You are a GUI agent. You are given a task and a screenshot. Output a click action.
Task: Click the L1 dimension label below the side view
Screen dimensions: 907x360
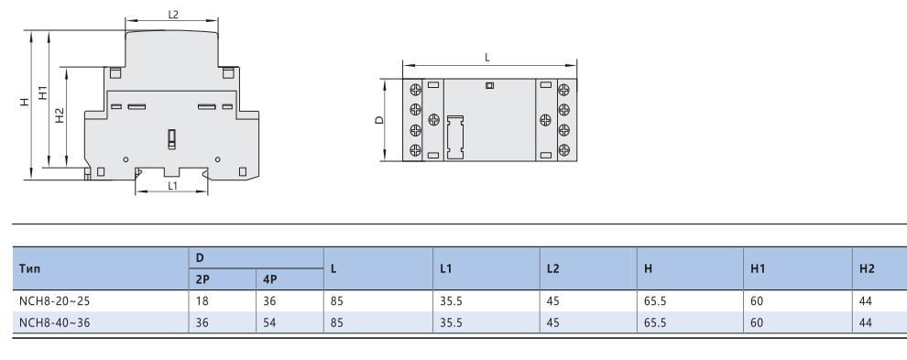(172, 186)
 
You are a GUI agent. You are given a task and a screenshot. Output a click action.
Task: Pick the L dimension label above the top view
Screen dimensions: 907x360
(487, 57)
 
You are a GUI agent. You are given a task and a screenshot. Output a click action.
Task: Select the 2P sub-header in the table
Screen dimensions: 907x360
(202, 278)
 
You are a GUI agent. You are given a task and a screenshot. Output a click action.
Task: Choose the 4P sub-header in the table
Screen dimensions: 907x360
(269, 278)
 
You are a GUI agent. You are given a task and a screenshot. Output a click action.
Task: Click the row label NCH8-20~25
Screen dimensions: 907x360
(50, 299)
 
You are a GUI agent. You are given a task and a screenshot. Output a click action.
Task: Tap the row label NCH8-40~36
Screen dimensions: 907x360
(50, 322)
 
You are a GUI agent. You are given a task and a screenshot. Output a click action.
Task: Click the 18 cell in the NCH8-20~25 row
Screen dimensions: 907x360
(202, 299)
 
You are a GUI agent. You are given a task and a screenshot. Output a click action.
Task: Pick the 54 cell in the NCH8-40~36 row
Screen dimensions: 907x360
(269, 322)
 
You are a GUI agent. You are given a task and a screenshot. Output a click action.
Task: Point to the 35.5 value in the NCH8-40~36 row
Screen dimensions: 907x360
(451, 322)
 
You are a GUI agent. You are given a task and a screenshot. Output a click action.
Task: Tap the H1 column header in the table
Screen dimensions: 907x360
(758, 267)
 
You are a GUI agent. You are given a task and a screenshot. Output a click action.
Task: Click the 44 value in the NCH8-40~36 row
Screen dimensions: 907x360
(867, 322)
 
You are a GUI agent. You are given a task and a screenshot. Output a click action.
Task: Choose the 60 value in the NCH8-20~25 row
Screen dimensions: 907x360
(757, 299)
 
